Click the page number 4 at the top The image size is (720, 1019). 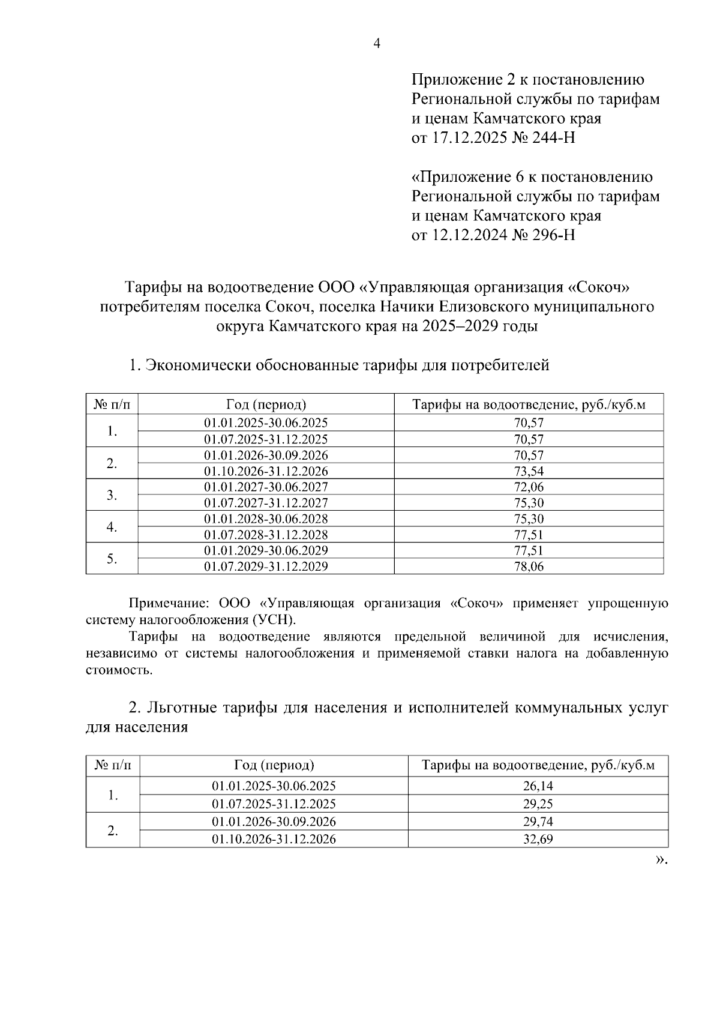pyautogui.click(x=377, y=43)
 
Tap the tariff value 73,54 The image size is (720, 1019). pyautogui.click(x=529, y=470)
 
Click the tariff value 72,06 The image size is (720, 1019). pyautogui.click(x=529, y=487)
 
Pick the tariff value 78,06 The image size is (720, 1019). pyautogui.click(x=529, y=566)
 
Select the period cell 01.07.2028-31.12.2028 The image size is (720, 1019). pyautogui.click(x=266, y=534)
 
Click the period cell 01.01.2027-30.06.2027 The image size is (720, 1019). pyautogui.click(x=266, y=487)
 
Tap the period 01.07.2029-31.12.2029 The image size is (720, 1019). pyautogui.click(x=266, y=566)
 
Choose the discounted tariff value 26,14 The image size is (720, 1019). pyautogui.click(x=538, y=786)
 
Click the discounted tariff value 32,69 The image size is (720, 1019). pyautogui.click(x=538, y=839)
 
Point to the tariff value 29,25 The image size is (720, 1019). pyautogui.click(x=538, y=804)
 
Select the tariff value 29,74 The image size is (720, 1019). pyautogui.click(x=538, y=822)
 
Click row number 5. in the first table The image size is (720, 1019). pyautogui.click(x=112, y=558)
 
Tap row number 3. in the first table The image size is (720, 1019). pyautogui.click(x=112, y=494)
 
